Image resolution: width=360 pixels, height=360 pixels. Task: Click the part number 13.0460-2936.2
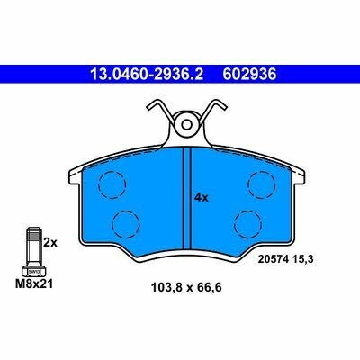147,74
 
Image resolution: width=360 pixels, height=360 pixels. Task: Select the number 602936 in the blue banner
249,74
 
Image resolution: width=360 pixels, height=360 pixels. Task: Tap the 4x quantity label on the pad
202,198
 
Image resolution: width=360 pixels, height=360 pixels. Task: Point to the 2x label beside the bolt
50,242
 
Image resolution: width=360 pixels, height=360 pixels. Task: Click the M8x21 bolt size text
34,283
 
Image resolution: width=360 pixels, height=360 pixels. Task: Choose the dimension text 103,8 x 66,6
186,288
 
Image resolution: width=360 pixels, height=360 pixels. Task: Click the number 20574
273,259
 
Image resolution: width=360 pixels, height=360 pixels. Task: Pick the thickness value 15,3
302,259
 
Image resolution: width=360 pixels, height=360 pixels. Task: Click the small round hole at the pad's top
187,124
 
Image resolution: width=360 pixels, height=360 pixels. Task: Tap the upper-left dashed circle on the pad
112,185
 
